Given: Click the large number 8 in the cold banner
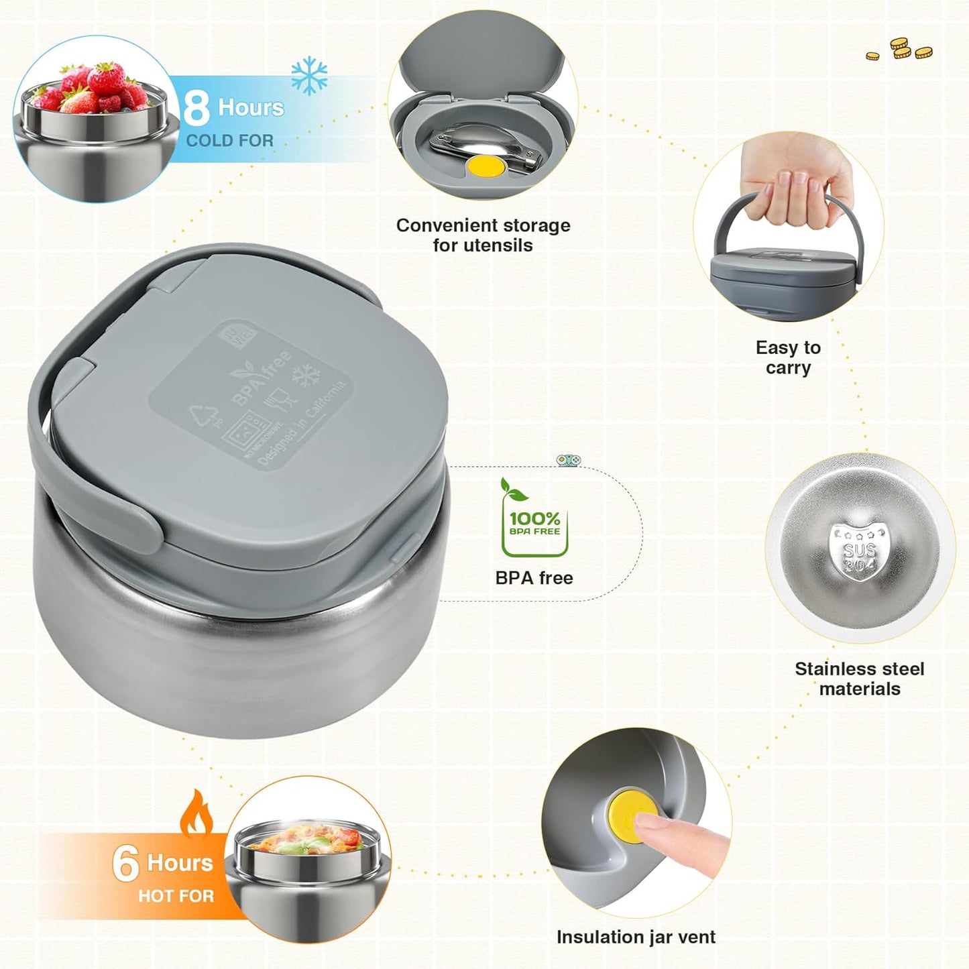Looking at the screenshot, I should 196,108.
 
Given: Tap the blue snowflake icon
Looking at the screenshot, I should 309,75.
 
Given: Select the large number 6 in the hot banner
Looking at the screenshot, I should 125,863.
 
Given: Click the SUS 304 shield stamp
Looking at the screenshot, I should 859,552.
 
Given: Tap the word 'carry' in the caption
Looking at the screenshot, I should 788,368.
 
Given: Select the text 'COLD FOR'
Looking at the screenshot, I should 229,141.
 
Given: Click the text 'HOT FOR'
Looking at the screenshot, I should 176,896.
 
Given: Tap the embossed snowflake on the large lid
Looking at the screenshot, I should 309,376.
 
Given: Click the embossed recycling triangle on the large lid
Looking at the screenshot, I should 205,416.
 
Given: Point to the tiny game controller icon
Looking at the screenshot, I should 569,460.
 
